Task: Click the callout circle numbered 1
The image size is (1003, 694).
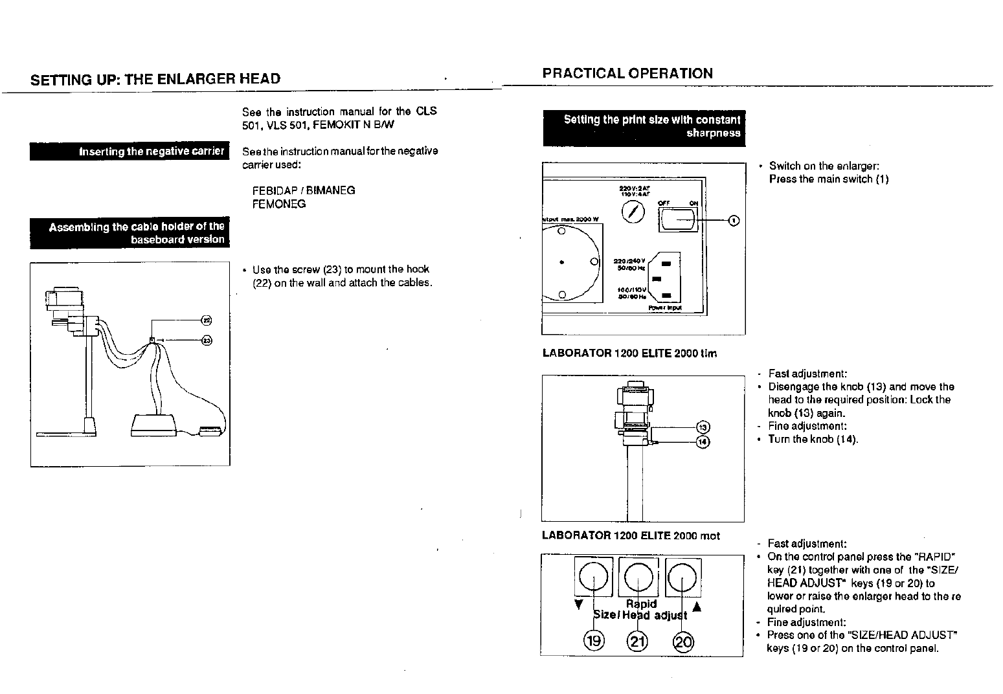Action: pos(734,221)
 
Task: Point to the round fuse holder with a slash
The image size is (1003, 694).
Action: pos(633,212)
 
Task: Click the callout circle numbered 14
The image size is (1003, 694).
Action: pos(703,442)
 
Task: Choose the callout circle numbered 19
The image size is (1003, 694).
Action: pos(593,641)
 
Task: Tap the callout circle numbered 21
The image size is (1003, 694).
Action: pos(638,641)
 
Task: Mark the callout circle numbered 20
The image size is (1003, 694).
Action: pos(684,641)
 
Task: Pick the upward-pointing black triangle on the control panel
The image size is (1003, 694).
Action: pos(697,607)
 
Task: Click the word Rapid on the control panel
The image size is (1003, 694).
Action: pos(641,603)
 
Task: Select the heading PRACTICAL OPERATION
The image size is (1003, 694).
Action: pos(627,73)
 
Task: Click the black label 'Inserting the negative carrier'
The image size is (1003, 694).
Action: pos(130,151)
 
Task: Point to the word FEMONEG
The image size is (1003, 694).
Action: pos(279,204)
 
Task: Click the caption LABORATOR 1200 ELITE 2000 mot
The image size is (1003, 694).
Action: pos(631,535)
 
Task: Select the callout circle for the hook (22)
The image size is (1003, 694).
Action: pos(207,320)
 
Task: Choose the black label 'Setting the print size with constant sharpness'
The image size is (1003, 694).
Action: pos(644,127)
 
